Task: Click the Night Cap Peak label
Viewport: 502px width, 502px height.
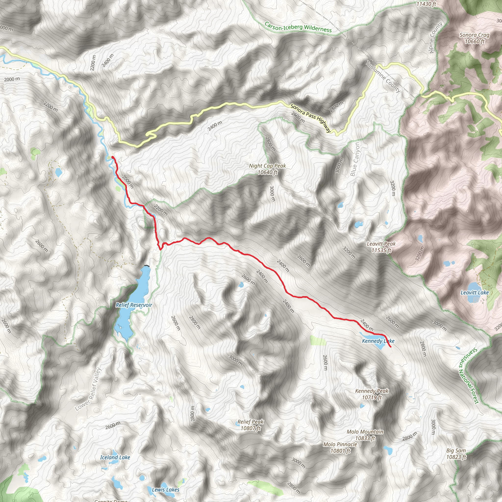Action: coord(267,169)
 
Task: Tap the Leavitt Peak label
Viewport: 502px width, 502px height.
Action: coord(381,247)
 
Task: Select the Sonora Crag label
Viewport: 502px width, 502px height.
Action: coord(475,38)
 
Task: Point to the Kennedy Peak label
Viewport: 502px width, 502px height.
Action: coord(372,394)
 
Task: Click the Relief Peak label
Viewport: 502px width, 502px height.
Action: coord(251,425)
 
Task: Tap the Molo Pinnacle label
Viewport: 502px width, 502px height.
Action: coord(340,447)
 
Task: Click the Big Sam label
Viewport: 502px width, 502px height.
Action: coord(456,454)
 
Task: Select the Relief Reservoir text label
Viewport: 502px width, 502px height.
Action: coord(134,305)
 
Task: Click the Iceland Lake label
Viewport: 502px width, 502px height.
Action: coord(115,457)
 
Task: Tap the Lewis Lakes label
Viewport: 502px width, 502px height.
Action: coord(165,489)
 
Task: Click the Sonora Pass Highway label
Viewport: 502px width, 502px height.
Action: coord(311,118)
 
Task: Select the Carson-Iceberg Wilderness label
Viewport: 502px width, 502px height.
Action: coord(298,27)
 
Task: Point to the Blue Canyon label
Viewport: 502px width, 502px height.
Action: coord(355,159)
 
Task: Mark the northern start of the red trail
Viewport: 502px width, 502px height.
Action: coord(112,157)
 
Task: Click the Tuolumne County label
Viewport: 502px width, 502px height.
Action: coord(384,76)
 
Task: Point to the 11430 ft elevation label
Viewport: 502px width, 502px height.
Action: coord(426,4)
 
